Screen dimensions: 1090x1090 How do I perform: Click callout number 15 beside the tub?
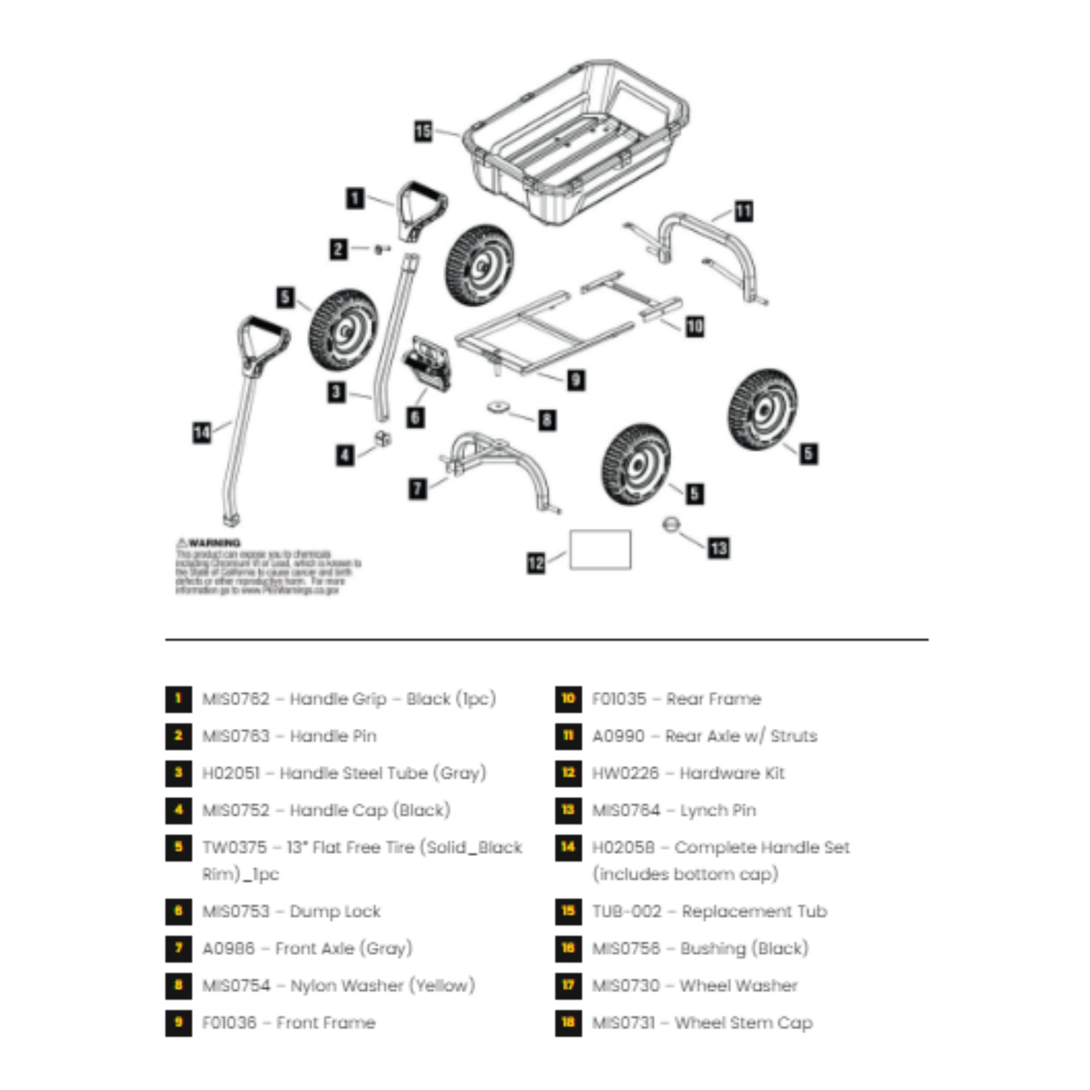coord(423,131)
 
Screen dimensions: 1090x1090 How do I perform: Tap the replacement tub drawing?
coord(576,141)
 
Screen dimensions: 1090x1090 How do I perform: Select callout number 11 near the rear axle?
coord(743,211)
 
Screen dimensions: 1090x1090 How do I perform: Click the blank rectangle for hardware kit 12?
coord(600,549)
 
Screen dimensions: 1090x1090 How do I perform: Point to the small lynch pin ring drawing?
coord(671,524)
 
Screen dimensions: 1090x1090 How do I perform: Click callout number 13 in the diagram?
coord(719,548)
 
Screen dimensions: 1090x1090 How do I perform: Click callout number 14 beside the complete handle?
coord(202,433)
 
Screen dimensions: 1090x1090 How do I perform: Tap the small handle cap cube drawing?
coord(383,438)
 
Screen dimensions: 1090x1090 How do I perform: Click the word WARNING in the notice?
coord(214,543)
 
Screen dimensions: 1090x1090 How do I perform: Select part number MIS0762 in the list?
coord(236,699)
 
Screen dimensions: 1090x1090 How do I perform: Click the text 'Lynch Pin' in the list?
coord(718,810)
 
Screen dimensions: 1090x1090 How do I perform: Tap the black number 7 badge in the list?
coord(178,948)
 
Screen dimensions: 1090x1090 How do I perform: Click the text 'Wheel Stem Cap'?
coord(743,1023)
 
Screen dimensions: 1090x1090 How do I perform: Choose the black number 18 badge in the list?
coord(568,1023)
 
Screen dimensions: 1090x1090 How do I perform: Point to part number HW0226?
coord(625,773)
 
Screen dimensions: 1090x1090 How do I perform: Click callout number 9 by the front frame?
coord(576,380)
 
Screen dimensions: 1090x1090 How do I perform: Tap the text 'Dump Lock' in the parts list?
coord(335,911)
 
